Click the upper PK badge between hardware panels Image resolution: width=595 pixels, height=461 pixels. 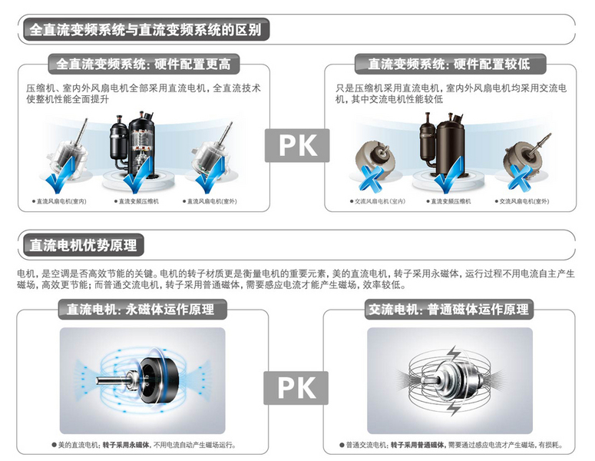click(x=297, y=145)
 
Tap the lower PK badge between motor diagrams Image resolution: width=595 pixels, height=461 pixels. click(x=296, y=388)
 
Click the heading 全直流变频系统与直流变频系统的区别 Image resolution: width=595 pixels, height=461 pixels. click(x=145, y=30)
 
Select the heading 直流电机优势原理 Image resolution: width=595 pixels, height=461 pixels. click(x=83, y=245)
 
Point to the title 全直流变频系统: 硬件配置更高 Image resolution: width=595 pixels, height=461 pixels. click(x=144, y=64)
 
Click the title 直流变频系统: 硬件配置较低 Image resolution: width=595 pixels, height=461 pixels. click(x=449, y=64)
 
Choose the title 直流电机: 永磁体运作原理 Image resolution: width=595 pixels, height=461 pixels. click(x=140, y=309)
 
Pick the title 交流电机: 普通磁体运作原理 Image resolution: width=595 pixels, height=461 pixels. click(x=448, y=309)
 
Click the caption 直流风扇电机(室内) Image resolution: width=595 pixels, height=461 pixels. click(x=61, y=201)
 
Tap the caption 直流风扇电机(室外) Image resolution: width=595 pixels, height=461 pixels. click(x=212, y=201)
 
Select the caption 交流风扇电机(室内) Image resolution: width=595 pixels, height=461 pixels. click(x=379, y=201)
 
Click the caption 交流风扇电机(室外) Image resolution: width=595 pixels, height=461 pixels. click(x=524, y=201)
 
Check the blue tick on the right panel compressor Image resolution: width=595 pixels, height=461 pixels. click(x=449, y=174)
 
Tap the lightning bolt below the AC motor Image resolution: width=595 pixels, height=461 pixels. click(x=453, y=408)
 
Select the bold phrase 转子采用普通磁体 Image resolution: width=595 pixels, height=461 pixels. click(x=418, y=445)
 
